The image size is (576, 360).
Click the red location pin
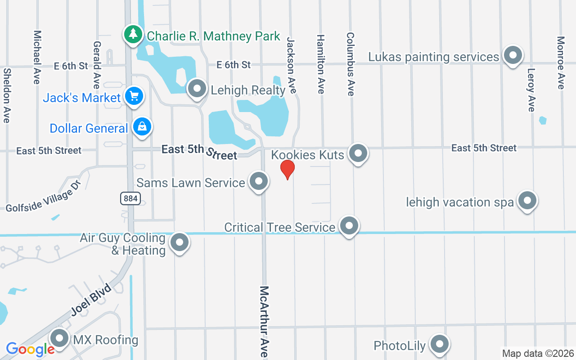pos(288,170)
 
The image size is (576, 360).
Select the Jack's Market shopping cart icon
pos(134,96)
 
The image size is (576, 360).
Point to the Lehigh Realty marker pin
pos(197,88)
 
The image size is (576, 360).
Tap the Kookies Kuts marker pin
pos(358,153)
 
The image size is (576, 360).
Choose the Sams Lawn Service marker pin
pos(258,181)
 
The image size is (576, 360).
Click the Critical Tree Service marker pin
pos(349,226)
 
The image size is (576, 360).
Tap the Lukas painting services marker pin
pos(512,55)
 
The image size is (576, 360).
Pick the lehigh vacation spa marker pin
pos(527,201)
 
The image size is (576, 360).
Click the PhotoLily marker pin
pos(439,344)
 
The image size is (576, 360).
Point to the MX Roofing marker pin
pos(59,338)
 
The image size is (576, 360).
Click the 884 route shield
pos(130,198)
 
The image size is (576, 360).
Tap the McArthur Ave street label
pos(264,321)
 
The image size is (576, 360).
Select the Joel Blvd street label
pos(91,300)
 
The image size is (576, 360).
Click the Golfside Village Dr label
pos(43,197)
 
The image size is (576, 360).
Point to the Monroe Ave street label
pos(561,63)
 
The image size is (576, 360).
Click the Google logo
pos(30,349)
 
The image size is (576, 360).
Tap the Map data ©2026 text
pos(538,353)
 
